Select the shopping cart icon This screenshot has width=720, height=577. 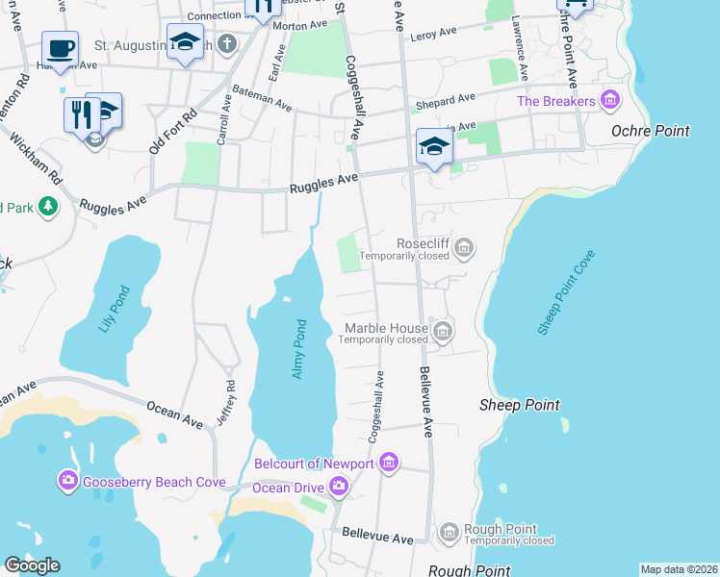pyautogui.click(x=575, y=5)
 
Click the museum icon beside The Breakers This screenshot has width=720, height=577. pyautogui.click(x=608, y=100)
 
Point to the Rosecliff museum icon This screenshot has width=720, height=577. pyautogui.click(x=464, y=248)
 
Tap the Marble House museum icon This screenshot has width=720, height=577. pyautogui.click(x=443, y=333)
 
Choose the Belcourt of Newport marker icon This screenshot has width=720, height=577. pyautogui.click(x=388, y=464)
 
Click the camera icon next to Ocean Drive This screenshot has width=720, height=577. pyautogui.click(x=338, y=488)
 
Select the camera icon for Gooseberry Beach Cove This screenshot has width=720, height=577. pyautogui.click(x=67, y=480)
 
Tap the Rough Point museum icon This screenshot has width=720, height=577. pyautogui.click(x=448, y=532)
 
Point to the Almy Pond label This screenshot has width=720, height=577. pyautogui.click(x=298, y=348)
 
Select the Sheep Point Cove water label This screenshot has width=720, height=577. pyautogui.click(x=567, y=292)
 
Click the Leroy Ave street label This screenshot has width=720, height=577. pyautogui.click(x=432, y=33)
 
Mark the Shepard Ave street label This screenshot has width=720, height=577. pyautogui.click(x=445, y=99)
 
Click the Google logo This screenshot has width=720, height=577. pyautogui.click(x=32, y=565)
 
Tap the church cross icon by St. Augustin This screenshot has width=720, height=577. pyautogui.click(x=227, y=43)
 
